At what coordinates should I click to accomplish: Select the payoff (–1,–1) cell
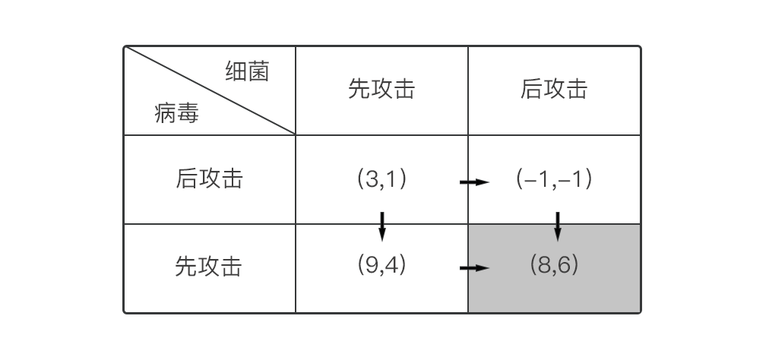pos(554,179)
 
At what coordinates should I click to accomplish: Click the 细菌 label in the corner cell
pos(247,72)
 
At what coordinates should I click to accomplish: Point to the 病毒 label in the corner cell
pos(176,115)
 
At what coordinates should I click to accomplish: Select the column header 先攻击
pos(381,90)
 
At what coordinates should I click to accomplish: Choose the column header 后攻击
pos(554,90)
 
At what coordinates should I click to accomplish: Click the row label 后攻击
pos(209,179)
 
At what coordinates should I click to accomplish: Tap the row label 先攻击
pos(209,267)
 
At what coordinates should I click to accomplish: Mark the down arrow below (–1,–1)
pos(558,226)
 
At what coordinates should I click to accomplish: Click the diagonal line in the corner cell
pos(210,90)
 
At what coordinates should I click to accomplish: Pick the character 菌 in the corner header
pos(258,72)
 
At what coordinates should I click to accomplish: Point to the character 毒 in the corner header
pos(188,115)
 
